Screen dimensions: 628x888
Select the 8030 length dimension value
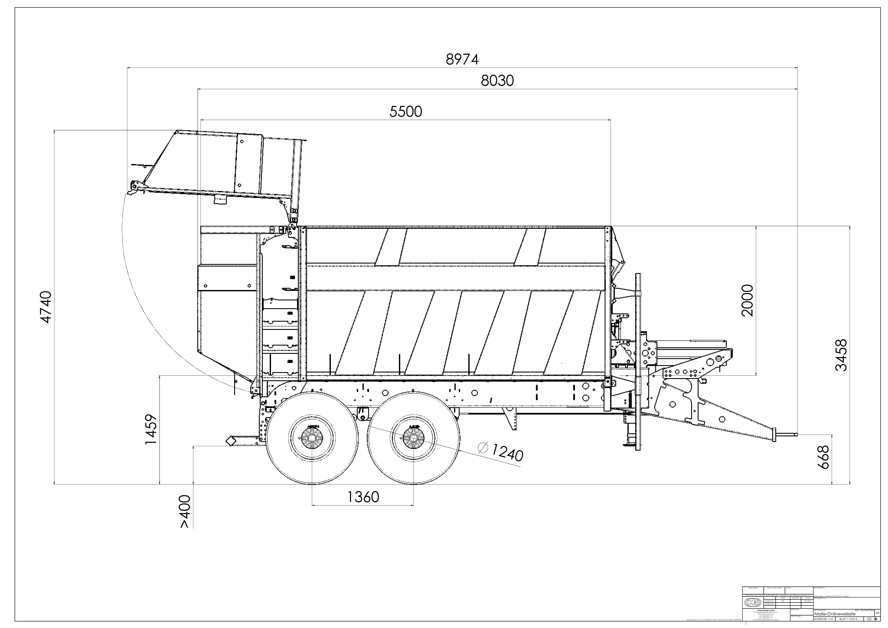pyautogui.click(x=497, y=81)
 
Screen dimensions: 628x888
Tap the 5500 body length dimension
pyautogui.click(x=406, y=112)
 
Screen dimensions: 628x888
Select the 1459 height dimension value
pyautogui.click(x=151, y=429)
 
